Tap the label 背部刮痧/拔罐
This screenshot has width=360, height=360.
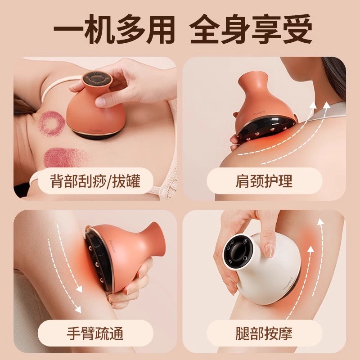[x=95, y=182]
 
